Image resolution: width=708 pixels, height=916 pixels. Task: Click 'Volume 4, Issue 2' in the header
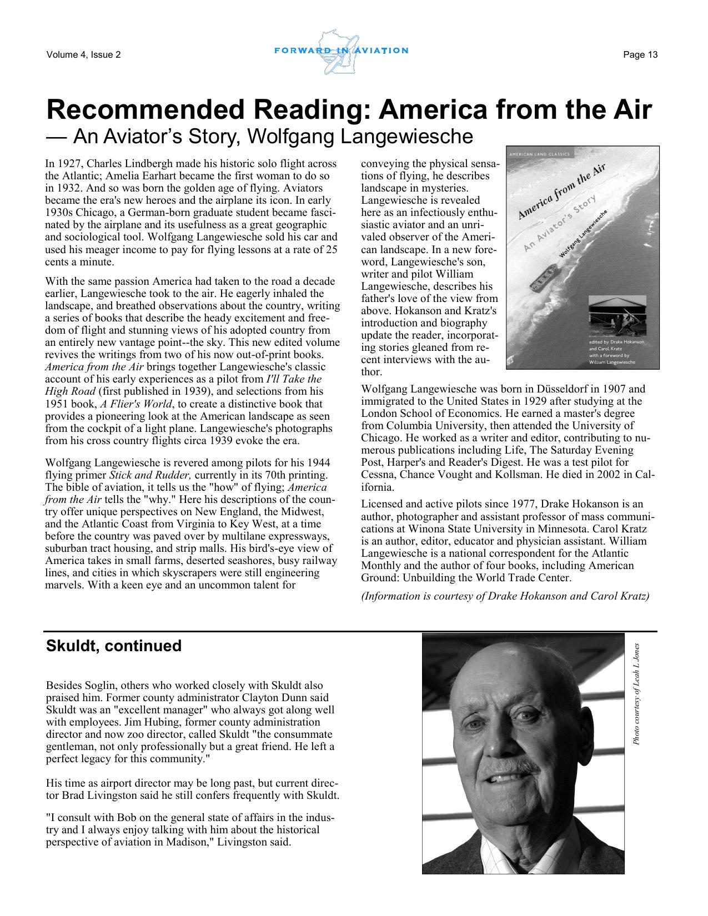coord(84,54)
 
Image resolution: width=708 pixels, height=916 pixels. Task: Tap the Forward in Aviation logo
coord(341,52)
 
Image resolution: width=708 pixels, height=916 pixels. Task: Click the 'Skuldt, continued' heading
coord(114,646)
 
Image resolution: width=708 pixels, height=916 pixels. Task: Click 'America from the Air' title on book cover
coord(561,192)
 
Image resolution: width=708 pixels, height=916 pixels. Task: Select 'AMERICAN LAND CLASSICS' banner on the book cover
coord(541,154)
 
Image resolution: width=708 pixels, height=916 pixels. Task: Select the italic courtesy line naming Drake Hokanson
coord(505,596)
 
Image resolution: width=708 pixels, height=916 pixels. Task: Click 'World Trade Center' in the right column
coord(523,578)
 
